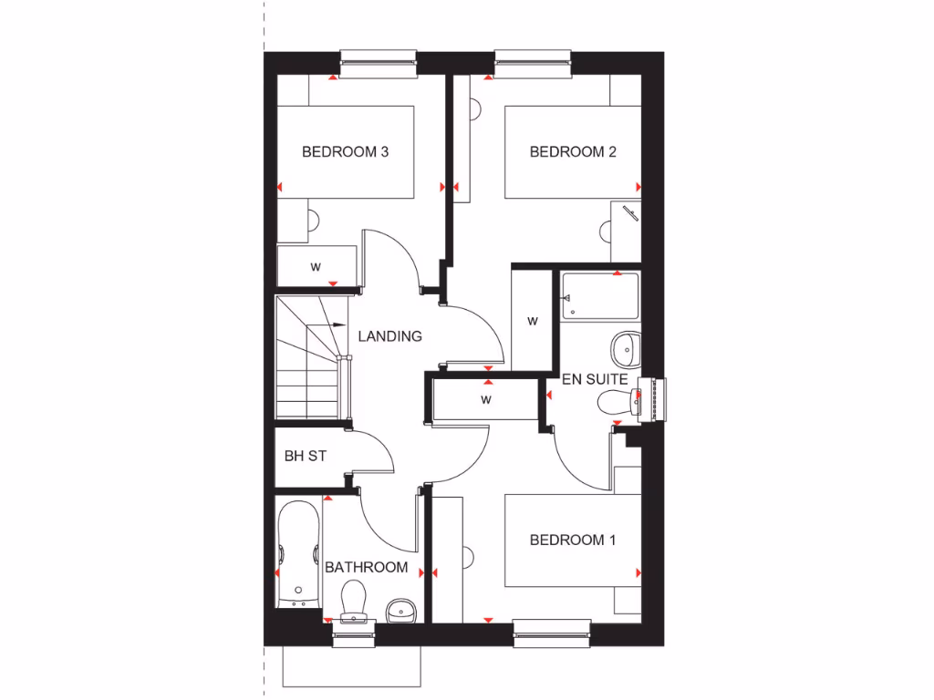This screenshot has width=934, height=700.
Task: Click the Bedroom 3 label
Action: coord(345,152)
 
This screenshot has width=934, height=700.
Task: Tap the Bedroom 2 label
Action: coord(573,152)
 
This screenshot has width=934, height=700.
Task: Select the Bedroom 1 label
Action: coord(573,540)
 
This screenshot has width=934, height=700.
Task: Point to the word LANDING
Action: coord(389,336)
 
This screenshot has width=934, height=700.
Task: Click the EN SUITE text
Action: coord(594,378)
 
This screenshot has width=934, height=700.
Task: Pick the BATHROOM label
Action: coord(366,568)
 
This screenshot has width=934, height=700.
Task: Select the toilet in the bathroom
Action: coord(352,602)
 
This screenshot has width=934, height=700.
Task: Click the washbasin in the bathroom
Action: coord(400,609)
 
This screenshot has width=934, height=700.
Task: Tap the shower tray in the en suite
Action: coord(599,294)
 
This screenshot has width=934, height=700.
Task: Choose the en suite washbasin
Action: coord(626,346)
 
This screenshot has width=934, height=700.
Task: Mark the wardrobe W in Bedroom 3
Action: coord(316,267)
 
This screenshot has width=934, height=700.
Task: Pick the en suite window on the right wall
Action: coord(658,399)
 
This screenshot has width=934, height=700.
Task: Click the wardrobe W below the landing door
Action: coord(486,399)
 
